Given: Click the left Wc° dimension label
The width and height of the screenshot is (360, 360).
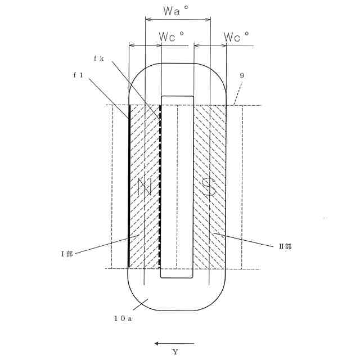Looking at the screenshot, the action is click(172, 37).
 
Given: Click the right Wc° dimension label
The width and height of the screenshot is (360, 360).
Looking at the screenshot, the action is click(236, 37).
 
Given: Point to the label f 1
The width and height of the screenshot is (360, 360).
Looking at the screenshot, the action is click(78, 75).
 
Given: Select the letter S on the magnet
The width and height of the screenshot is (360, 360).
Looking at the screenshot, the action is click(209, 187).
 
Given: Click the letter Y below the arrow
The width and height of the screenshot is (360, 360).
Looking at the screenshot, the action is click(175, 352).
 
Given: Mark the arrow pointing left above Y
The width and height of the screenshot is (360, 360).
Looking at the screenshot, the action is click(174, 343).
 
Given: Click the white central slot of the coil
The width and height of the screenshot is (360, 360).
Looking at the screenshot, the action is click(177, 186).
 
